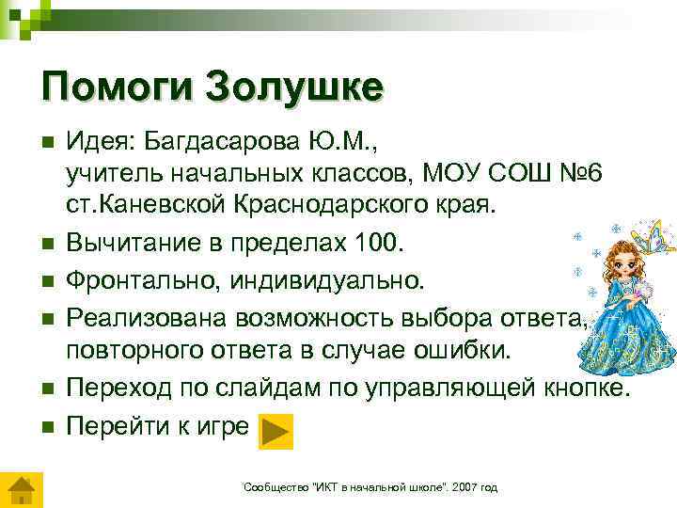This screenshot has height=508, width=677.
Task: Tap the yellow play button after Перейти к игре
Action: point(275,430)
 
